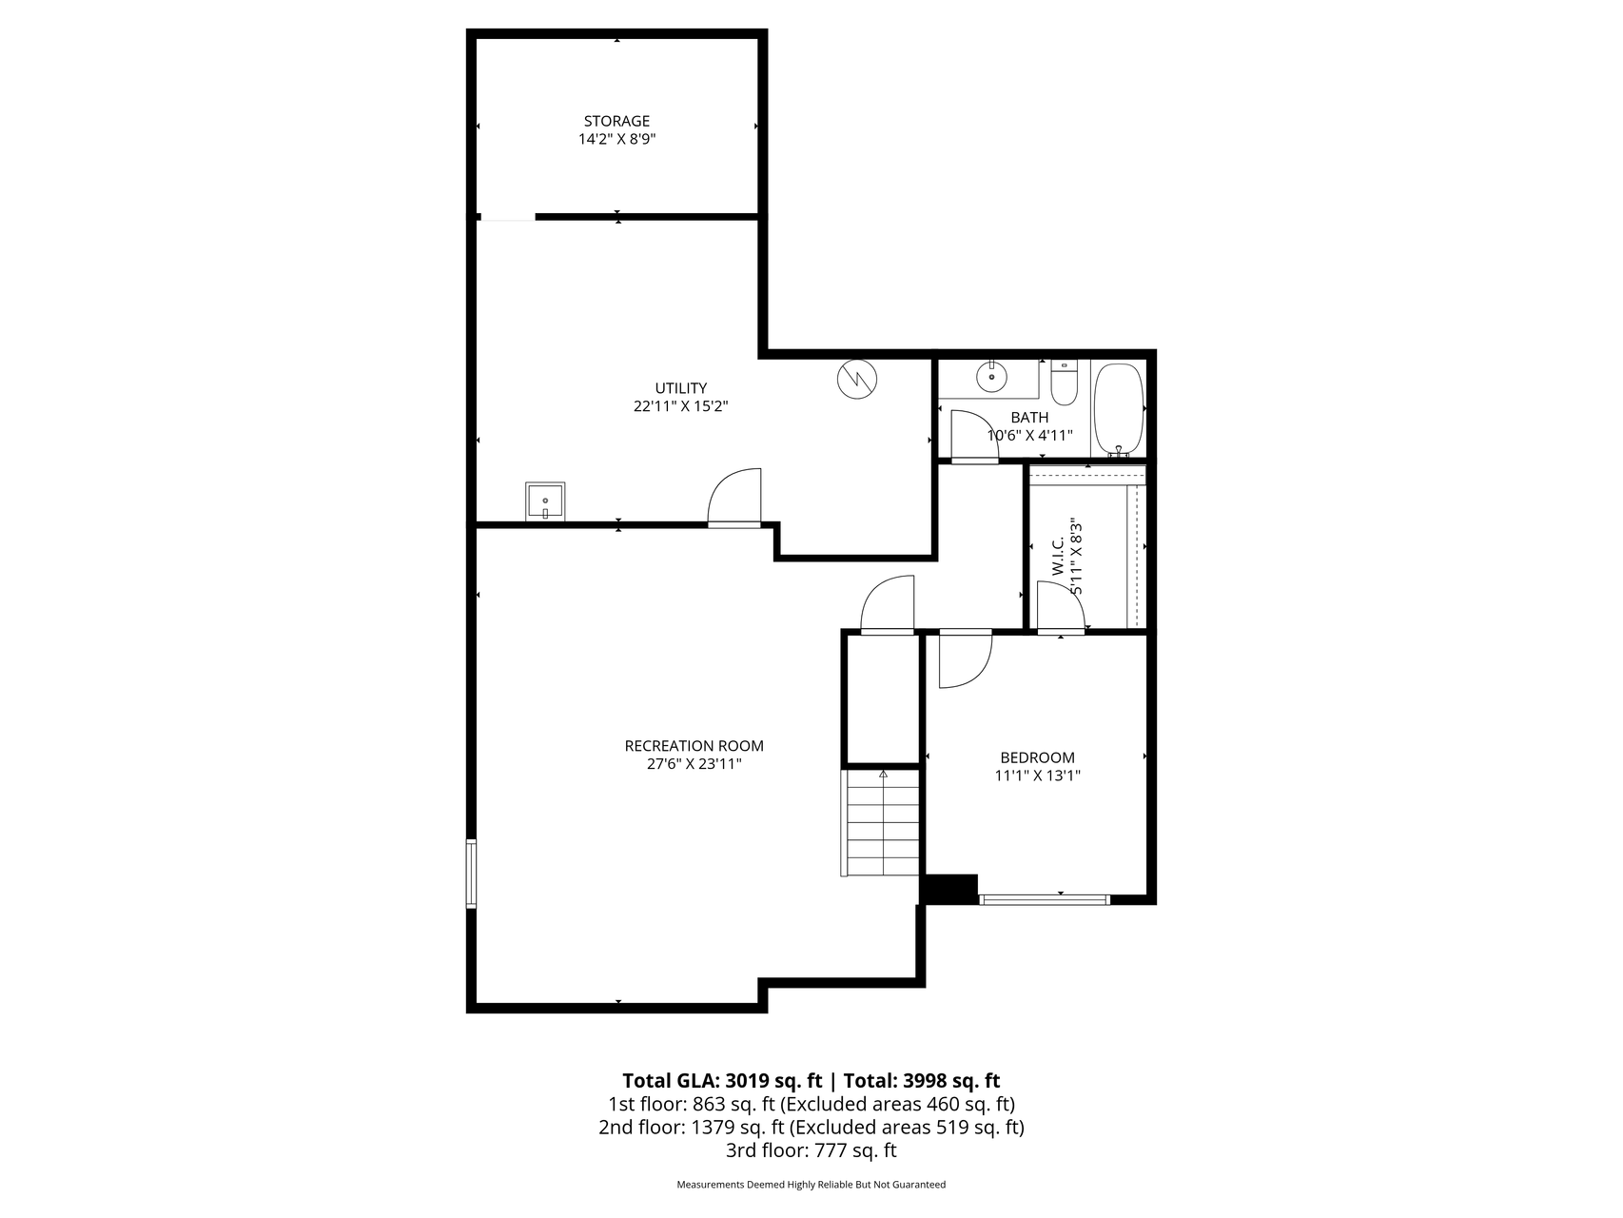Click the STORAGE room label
click(x=616, y=121)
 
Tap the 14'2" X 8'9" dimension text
click(x=616, y=139)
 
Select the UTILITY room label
click(x=680, y=388)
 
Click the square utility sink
click(x=545, y=501)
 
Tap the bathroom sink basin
click(x=991, y=377)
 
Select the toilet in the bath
click(x=1064, y=384)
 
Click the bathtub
click(x=1118, y=409)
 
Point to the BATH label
click(x=1029, y=418)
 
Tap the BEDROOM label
click(x=1037, y=757)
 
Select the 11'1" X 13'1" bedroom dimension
click(x=1037, y=776)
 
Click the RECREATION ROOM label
click(x=694, y=746)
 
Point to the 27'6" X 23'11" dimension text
click(x=694, y=764)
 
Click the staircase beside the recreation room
click(x=882, y=822)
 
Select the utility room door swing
click(x=735, y=496)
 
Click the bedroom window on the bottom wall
click(x=1044, y=898)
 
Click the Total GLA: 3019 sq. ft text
click(x=721, y=1081)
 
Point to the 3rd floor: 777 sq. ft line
click(x=811, y=1150)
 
